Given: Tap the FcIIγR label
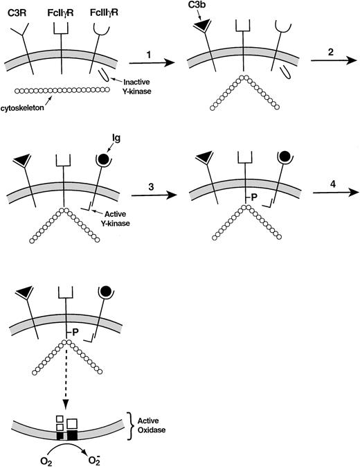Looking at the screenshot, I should tap(64, 9).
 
